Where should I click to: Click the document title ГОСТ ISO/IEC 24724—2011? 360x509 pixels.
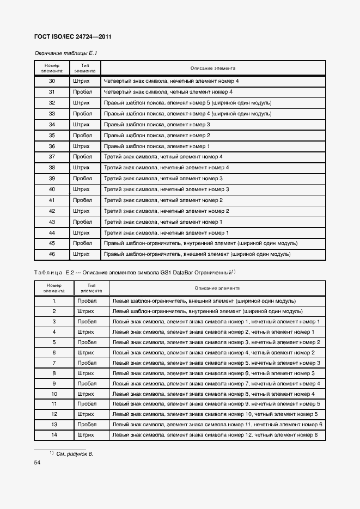click(x=73, y=37)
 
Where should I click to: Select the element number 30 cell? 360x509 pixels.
click(x=52, y=81)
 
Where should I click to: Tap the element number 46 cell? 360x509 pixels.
click(x=52, y=254)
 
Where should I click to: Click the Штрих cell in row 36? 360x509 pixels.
click(x=82, y=146)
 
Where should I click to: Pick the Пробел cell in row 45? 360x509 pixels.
click(x=82, y=243)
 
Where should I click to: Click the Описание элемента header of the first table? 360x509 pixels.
click(x=213, y=68)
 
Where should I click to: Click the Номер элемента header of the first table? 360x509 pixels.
click(x=52, y=68)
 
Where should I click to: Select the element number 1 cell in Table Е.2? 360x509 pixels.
click(x=54, y=301)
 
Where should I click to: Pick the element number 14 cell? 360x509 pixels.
click(x=54, y=435)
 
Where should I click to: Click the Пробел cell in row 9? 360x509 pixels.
click(x=87, y=384)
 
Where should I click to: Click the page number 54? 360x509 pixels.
click(x=38, y=463)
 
